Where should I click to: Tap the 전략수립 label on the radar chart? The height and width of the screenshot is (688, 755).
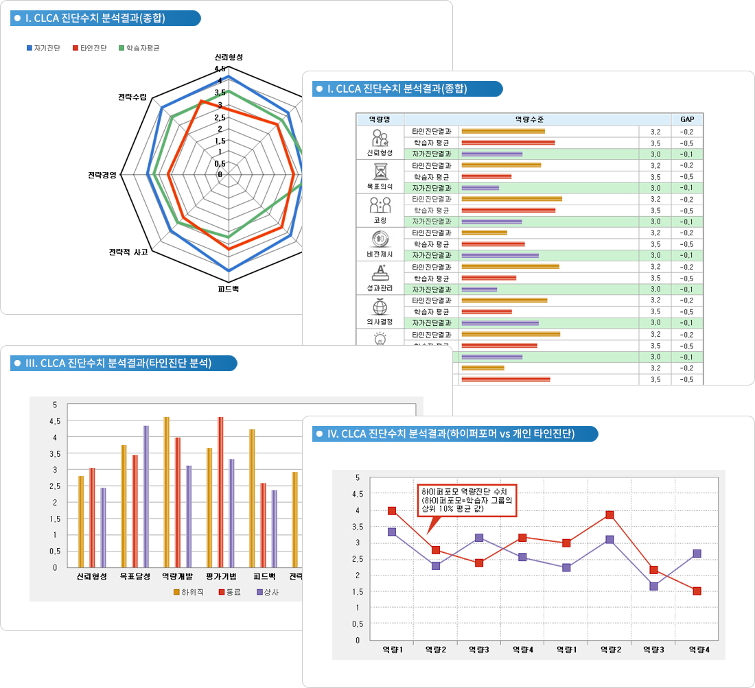(132, 97)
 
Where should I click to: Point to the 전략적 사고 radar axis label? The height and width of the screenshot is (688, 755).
(128, 252)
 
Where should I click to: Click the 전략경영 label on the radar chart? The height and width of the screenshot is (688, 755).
(102, 174)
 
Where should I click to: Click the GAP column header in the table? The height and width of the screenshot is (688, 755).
(687, 119)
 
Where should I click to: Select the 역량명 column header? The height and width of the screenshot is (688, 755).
(380, 119)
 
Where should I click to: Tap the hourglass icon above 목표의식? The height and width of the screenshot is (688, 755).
(380, 170)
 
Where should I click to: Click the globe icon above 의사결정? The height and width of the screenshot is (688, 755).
(380, 306)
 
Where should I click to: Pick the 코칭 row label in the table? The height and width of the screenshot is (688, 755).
(380, 220)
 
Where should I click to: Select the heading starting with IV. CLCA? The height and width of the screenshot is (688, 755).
(450, 434)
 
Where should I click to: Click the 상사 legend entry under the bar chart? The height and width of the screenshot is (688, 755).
(267, 592)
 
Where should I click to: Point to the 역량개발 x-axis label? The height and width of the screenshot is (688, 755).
(177, 577)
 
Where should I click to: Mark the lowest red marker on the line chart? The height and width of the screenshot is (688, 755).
(697, 591)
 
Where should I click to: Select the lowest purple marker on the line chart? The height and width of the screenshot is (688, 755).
(653, 586)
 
